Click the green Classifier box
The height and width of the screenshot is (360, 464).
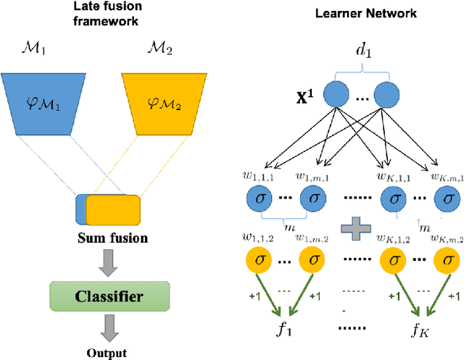pyautogui.click(x=108, y=296)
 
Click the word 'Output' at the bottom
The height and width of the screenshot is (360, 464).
pyautogui.click(x=107, y=353)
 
